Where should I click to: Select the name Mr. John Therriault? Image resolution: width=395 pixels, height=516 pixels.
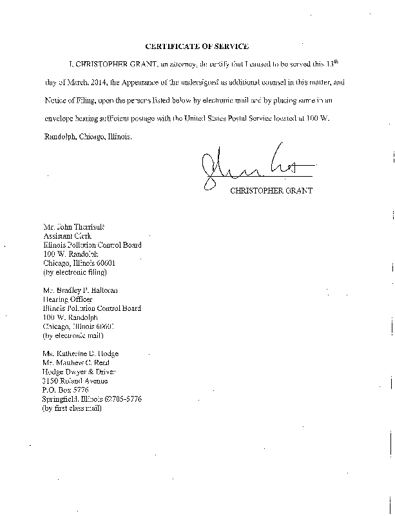(69, 228)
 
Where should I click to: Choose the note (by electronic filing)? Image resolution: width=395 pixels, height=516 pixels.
(73, 272)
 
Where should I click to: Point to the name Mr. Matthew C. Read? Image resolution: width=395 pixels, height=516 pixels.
(76, 362)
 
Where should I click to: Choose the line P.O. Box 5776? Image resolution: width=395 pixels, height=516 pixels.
(65, 390)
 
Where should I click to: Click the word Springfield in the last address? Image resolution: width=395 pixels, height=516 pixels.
(61, 399)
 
